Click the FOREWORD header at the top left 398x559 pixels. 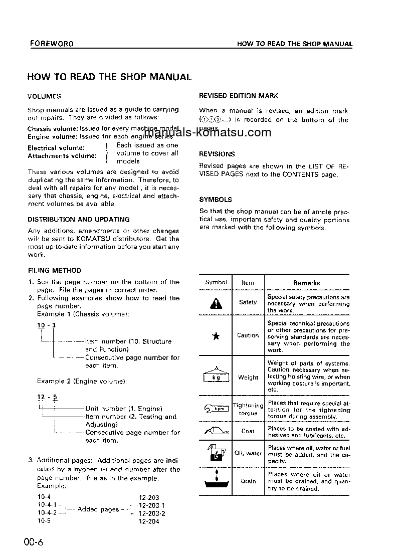[51, 44]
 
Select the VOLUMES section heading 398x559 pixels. [44, 96]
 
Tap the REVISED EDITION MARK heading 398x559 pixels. [239, 96]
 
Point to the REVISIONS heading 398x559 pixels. [217, 154]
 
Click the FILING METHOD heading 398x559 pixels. [54, 270]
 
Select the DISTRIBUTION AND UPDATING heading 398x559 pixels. [78, 220]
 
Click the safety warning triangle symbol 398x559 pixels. [216, 304]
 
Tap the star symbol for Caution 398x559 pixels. [216, 336]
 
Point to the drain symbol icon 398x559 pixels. [216, 480]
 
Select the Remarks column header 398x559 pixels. [306, 283]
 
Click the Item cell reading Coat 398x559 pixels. [248, 431]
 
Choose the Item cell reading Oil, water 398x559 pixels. [248, 453]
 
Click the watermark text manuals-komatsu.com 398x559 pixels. [207, 133]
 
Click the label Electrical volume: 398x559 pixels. [56, 148]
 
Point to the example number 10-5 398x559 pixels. [44, 521]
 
